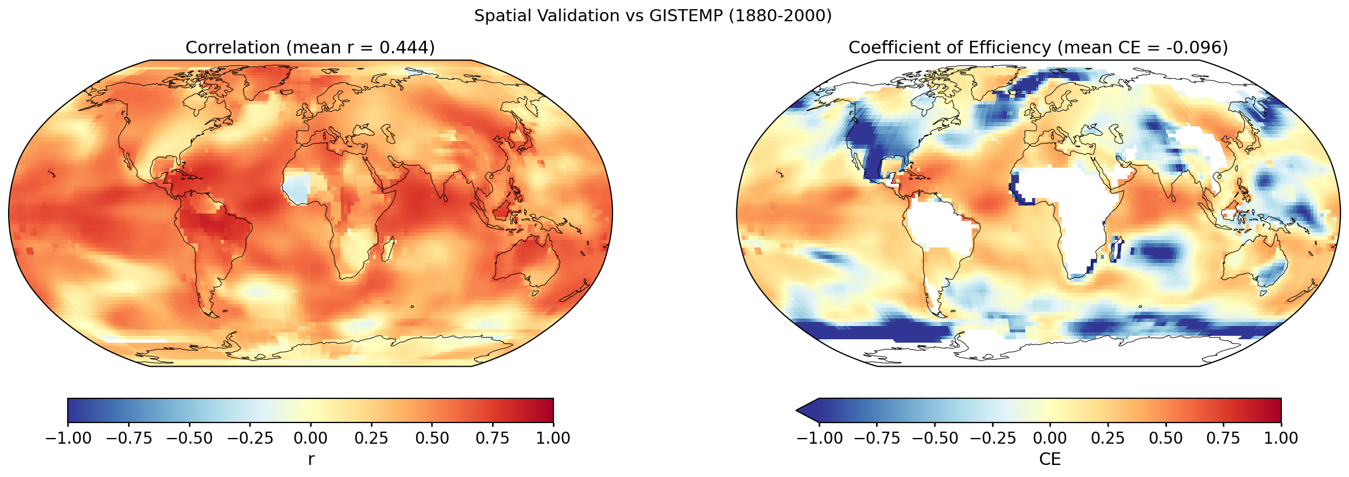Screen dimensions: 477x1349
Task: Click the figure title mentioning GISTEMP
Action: click(x=653, y=15)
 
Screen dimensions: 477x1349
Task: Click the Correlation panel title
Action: click(x=310, y=47)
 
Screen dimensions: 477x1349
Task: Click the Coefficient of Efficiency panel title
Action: click(x=1038, y=47)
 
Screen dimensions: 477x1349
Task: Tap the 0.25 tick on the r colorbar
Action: click(x=371, y=437)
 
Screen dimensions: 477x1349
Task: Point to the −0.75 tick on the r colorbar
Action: click(x=129, y=437)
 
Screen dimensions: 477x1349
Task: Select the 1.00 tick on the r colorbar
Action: click(x=553, y=437)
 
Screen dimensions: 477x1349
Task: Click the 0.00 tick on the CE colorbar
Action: click(x=1050, y=437)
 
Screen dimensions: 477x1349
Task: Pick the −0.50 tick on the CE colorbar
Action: click(x=935, y=437)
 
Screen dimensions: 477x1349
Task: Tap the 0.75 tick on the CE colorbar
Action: click(x=1223, y=437)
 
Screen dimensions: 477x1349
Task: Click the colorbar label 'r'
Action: click(x=311, y=459)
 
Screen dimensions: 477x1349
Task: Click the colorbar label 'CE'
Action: click(x=1050, y=459)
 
